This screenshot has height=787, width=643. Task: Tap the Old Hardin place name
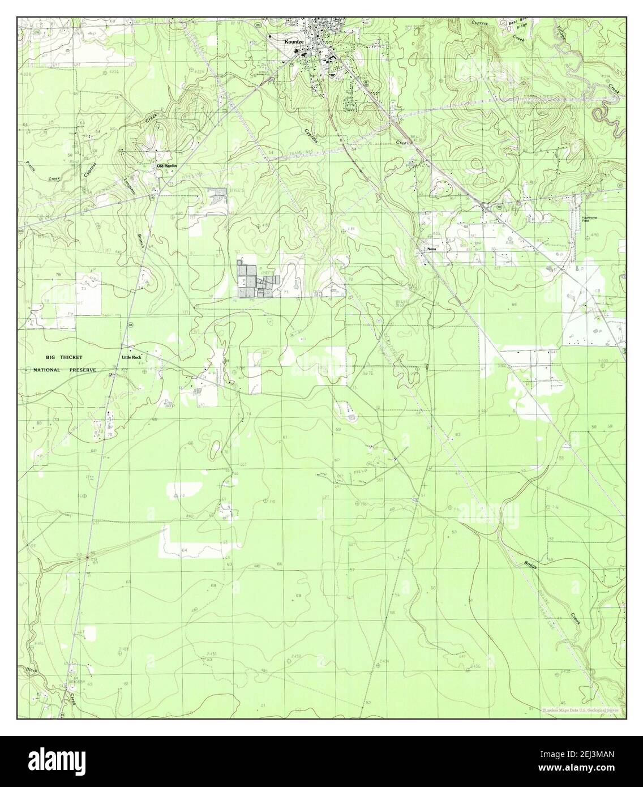click(167, 165)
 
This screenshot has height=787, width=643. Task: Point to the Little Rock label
click(131, 357)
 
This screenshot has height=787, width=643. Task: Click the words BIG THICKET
click(65, 357)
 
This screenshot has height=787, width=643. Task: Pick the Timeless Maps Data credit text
click(580, 709)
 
